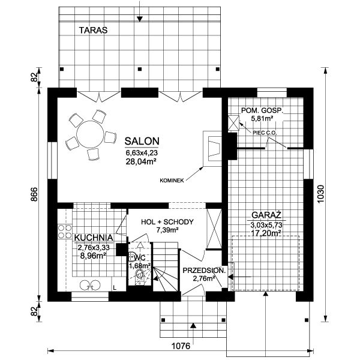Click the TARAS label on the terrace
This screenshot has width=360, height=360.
(x=93, y=30)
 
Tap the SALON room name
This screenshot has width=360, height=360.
(x=142, y=141)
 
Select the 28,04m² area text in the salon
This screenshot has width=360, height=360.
(x=141, y=161)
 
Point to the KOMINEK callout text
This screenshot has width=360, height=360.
(x=172, y=181)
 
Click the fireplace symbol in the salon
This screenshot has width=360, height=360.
(x=212, y=149)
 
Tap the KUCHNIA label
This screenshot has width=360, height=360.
(x=94, y=238)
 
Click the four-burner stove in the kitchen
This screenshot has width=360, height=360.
(x=65, y=232)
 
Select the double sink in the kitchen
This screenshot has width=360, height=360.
(x=90, y=284)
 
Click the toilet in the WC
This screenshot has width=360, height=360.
(x=139, y=274)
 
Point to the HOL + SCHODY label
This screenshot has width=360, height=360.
(x=167, y=222)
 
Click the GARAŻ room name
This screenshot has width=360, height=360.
(x=266, y=215)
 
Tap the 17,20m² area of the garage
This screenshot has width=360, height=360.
(x=266, y=233)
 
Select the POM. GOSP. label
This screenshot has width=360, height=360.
(x=262, y=110)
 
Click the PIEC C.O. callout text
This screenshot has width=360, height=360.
(x=265, y=133)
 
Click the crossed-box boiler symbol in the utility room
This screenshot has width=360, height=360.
(x=233, y=123)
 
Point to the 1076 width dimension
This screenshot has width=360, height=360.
(x=181, y=346)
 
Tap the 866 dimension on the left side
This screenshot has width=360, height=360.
(x=34, y=194)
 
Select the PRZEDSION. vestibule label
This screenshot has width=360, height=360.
(x=204, y=270)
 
